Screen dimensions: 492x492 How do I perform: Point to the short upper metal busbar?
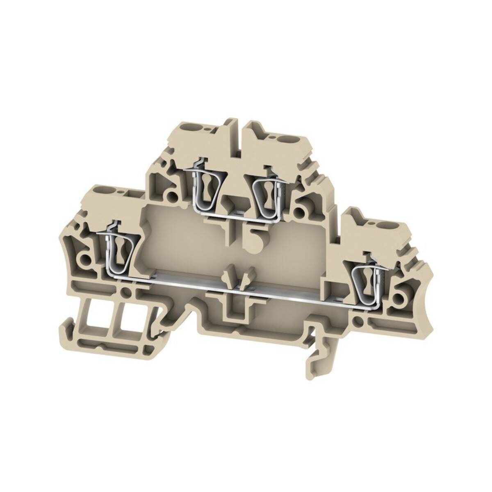pos(230,215)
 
